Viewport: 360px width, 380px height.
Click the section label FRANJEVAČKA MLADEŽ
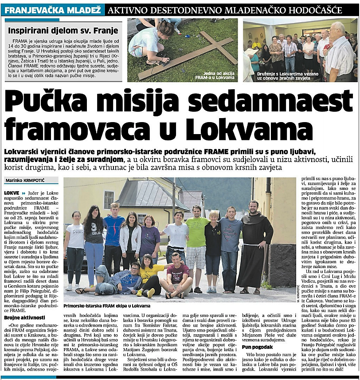52,9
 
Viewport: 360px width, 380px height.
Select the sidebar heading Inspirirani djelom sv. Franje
63,31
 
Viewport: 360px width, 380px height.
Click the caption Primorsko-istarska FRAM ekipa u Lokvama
107,306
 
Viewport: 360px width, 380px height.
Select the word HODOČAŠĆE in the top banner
319,9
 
